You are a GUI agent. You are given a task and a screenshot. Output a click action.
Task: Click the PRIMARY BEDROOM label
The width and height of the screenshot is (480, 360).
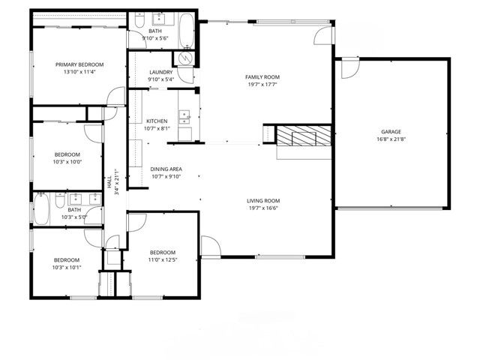(79, 65)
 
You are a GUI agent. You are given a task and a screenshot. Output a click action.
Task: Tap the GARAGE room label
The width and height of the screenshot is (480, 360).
(390, 131)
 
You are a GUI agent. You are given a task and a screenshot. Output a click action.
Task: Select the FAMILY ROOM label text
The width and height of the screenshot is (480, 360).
(262, 77)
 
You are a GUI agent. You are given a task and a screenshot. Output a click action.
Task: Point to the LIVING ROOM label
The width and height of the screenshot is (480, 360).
(263, 200)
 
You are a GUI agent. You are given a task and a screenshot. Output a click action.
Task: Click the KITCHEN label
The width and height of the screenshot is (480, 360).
(157, 121)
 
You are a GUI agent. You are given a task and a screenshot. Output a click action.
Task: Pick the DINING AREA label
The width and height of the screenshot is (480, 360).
(164, 169)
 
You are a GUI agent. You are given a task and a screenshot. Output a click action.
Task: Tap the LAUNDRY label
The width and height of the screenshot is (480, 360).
(160, 72)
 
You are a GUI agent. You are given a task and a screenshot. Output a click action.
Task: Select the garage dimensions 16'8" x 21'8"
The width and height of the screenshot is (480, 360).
(390, 139)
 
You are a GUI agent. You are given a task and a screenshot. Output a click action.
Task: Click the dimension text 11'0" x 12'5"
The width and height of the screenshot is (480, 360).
(162, 259)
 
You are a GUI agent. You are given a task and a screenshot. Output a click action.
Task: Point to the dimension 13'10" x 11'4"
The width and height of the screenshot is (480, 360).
(79, 73)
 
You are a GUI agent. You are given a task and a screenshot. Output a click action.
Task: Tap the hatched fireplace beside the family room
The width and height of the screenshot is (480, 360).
(303, 136)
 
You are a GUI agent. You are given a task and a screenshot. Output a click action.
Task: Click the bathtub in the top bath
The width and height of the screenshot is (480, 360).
(187, 28)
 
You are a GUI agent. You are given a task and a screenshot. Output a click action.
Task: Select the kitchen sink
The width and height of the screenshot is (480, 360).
(184, 115)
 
